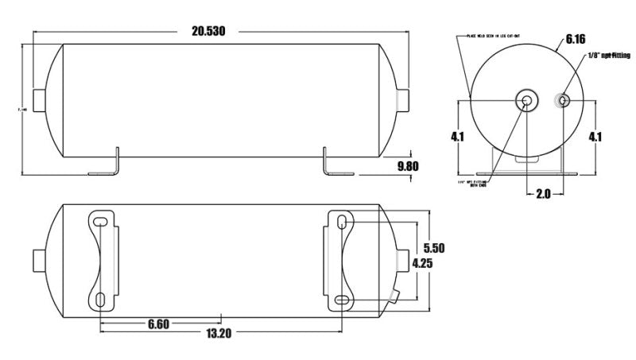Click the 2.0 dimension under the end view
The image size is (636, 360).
[x=543, y=192]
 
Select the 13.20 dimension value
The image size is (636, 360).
[x=219, y=334]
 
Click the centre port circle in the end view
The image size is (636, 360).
[x=525, y=100]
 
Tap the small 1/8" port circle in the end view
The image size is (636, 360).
[x=563, y=100]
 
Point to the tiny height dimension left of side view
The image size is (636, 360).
[x=14, y=110]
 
